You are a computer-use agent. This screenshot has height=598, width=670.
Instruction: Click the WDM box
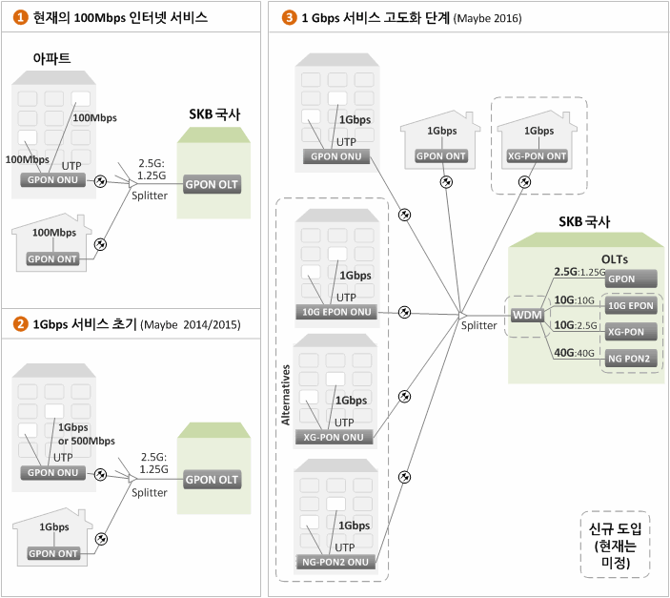pos(527,316)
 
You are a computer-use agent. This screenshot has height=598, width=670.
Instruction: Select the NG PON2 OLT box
pos(631,359)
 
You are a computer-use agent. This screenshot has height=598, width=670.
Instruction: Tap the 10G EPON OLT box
pos(631,305)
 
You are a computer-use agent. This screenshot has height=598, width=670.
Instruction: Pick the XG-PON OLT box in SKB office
pos(631,332)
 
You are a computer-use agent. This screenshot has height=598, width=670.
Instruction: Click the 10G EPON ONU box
pos(336,312)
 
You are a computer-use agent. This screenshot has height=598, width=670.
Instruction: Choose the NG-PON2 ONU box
pos(335,562)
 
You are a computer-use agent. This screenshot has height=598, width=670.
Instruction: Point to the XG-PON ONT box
pos(538,156)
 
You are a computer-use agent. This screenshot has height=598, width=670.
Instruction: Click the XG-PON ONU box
pos(334,437)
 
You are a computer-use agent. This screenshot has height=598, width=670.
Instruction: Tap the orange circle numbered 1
pos(21,17)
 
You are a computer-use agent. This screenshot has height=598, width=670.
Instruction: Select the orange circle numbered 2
pos(21,324)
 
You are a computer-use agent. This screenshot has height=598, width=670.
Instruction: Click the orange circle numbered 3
pos(290,17)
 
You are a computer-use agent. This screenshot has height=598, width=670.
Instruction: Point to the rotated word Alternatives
pos(285,395)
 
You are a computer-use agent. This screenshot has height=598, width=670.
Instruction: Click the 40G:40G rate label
pos(574,353)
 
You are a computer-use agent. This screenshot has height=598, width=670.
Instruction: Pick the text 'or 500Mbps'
pos(87,441)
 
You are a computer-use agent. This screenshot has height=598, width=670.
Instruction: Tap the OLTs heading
pos(615,259)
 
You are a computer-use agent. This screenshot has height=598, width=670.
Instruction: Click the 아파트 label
pos(51,58)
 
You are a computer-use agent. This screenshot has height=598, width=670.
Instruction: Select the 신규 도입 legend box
pos(615,544)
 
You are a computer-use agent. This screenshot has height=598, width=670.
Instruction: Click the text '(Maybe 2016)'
pos(488,18)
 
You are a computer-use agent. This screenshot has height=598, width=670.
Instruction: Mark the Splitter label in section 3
pos(478,325)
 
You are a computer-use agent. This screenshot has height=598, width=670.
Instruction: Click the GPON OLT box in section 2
pos(212,480)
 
